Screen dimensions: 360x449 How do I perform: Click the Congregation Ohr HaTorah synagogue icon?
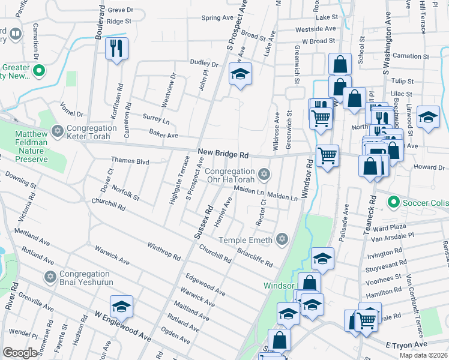point(263,175)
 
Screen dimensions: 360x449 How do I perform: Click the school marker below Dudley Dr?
point(240,74)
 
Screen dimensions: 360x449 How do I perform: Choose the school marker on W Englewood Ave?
point(122,307)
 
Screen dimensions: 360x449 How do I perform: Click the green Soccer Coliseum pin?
point(394,202)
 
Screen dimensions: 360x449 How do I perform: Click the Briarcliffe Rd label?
point(255,257)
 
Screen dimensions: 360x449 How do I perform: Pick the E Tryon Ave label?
point(406,344)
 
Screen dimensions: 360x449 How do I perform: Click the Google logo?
point(20,353)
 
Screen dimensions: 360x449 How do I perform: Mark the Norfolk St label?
point(125,193)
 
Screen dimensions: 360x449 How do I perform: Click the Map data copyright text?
point(423,355)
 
